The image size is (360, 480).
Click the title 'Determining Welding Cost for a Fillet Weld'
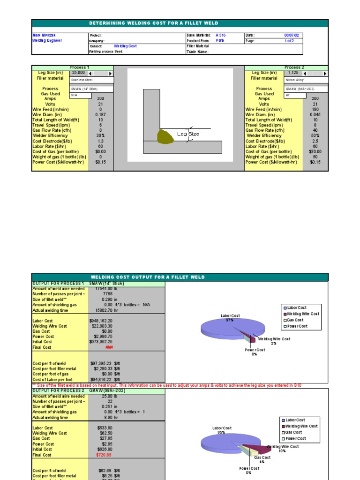(x=153, y=23)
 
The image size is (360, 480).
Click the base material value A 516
(x=220, y=35)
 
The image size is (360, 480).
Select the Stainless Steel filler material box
(x=91, y=80)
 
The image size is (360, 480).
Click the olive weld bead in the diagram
(x=166, y=136)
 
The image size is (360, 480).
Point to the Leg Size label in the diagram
(x=188, y=134)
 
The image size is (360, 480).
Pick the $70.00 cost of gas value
(x=315, y=152)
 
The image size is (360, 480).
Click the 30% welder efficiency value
(x=100, y=136)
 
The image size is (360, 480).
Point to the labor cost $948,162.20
(x=100, y=321)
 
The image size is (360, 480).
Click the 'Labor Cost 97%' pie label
(x=230, y=318)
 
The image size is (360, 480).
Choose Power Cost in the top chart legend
(x=297, y=326)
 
